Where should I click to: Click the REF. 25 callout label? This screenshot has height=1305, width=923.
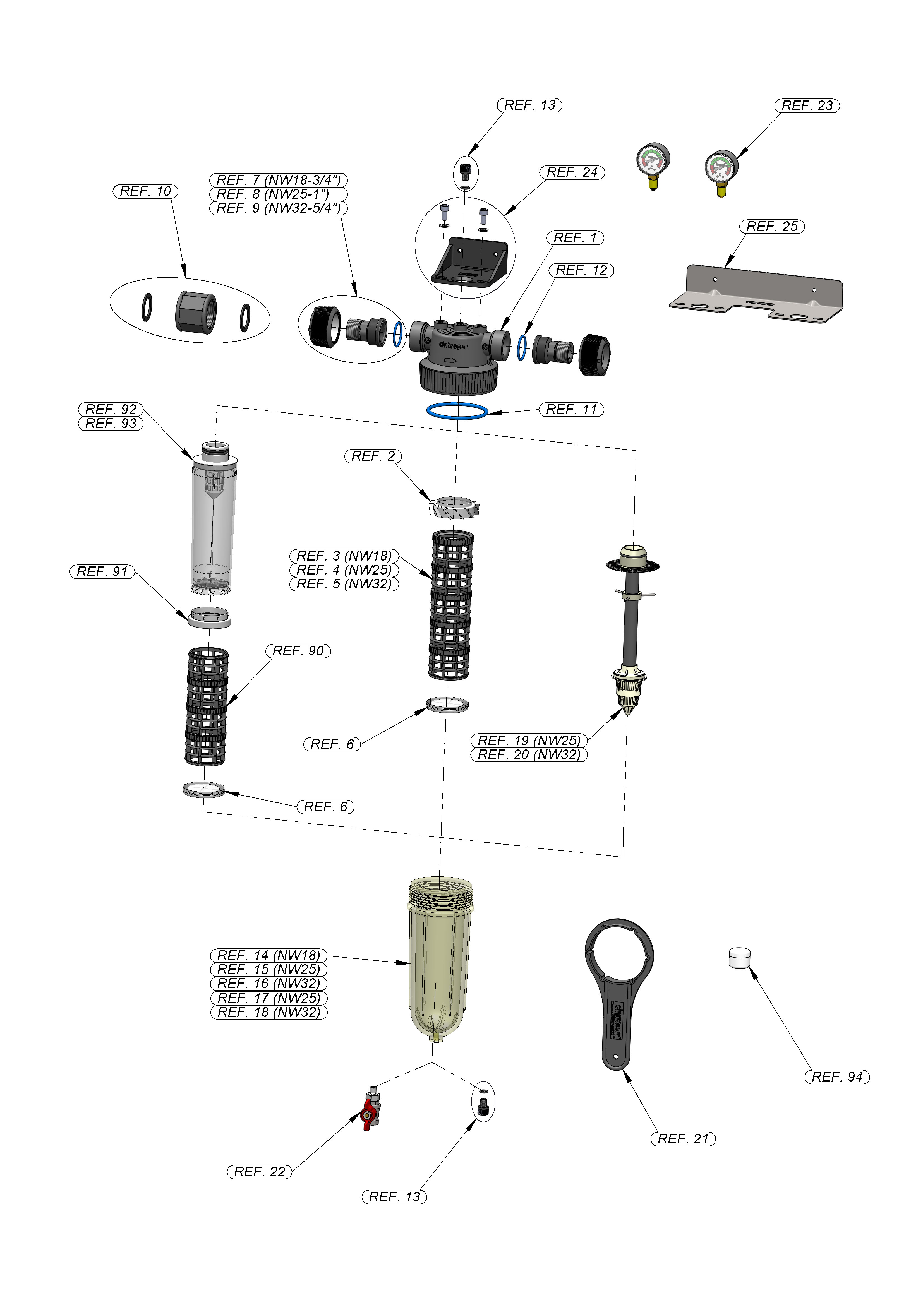click(x=772, y=226)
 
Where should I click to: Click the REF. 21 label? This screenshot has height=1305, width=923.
click(x=682, y=1138)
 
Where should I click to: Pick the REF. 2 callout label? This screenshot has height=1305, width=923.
click(x=373, y=456)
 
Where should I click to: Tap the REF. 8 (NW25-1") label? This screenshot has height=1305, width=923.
click(x=278, y=194)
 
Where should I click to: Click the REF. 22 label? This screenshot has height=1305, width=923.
click(x=259, y=1171)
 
